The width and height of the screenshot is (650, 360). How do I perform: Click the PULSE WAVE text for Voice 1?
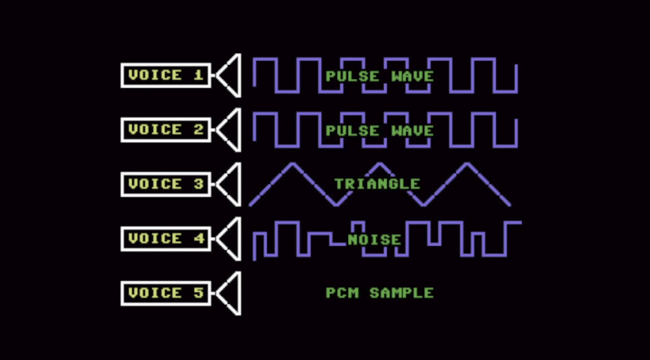[380, 76]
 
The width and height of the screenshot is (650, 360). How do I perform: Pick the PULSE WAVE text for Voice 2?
[380, 131]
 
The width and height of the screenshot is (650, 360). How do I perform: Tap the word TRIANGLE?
[377, 184]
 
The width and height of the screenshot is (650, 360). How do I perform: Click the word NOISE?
[375, 239]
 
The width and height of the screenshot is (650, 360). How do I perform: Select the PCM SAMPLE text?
[380, 293]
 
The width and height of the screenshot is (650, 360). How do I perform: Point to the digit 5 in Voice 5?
[199, 293]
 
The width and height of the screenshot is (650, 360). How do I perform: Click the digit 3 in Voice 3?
[199, 184]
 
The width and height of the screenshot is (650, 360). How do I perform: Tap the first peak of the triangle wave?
[293, 164]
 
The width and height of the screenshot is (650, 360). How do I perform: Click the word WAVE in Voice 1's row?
[412, 76]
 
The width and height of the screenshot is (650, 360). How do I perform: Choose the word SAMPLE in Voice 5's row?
[402, 293]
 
